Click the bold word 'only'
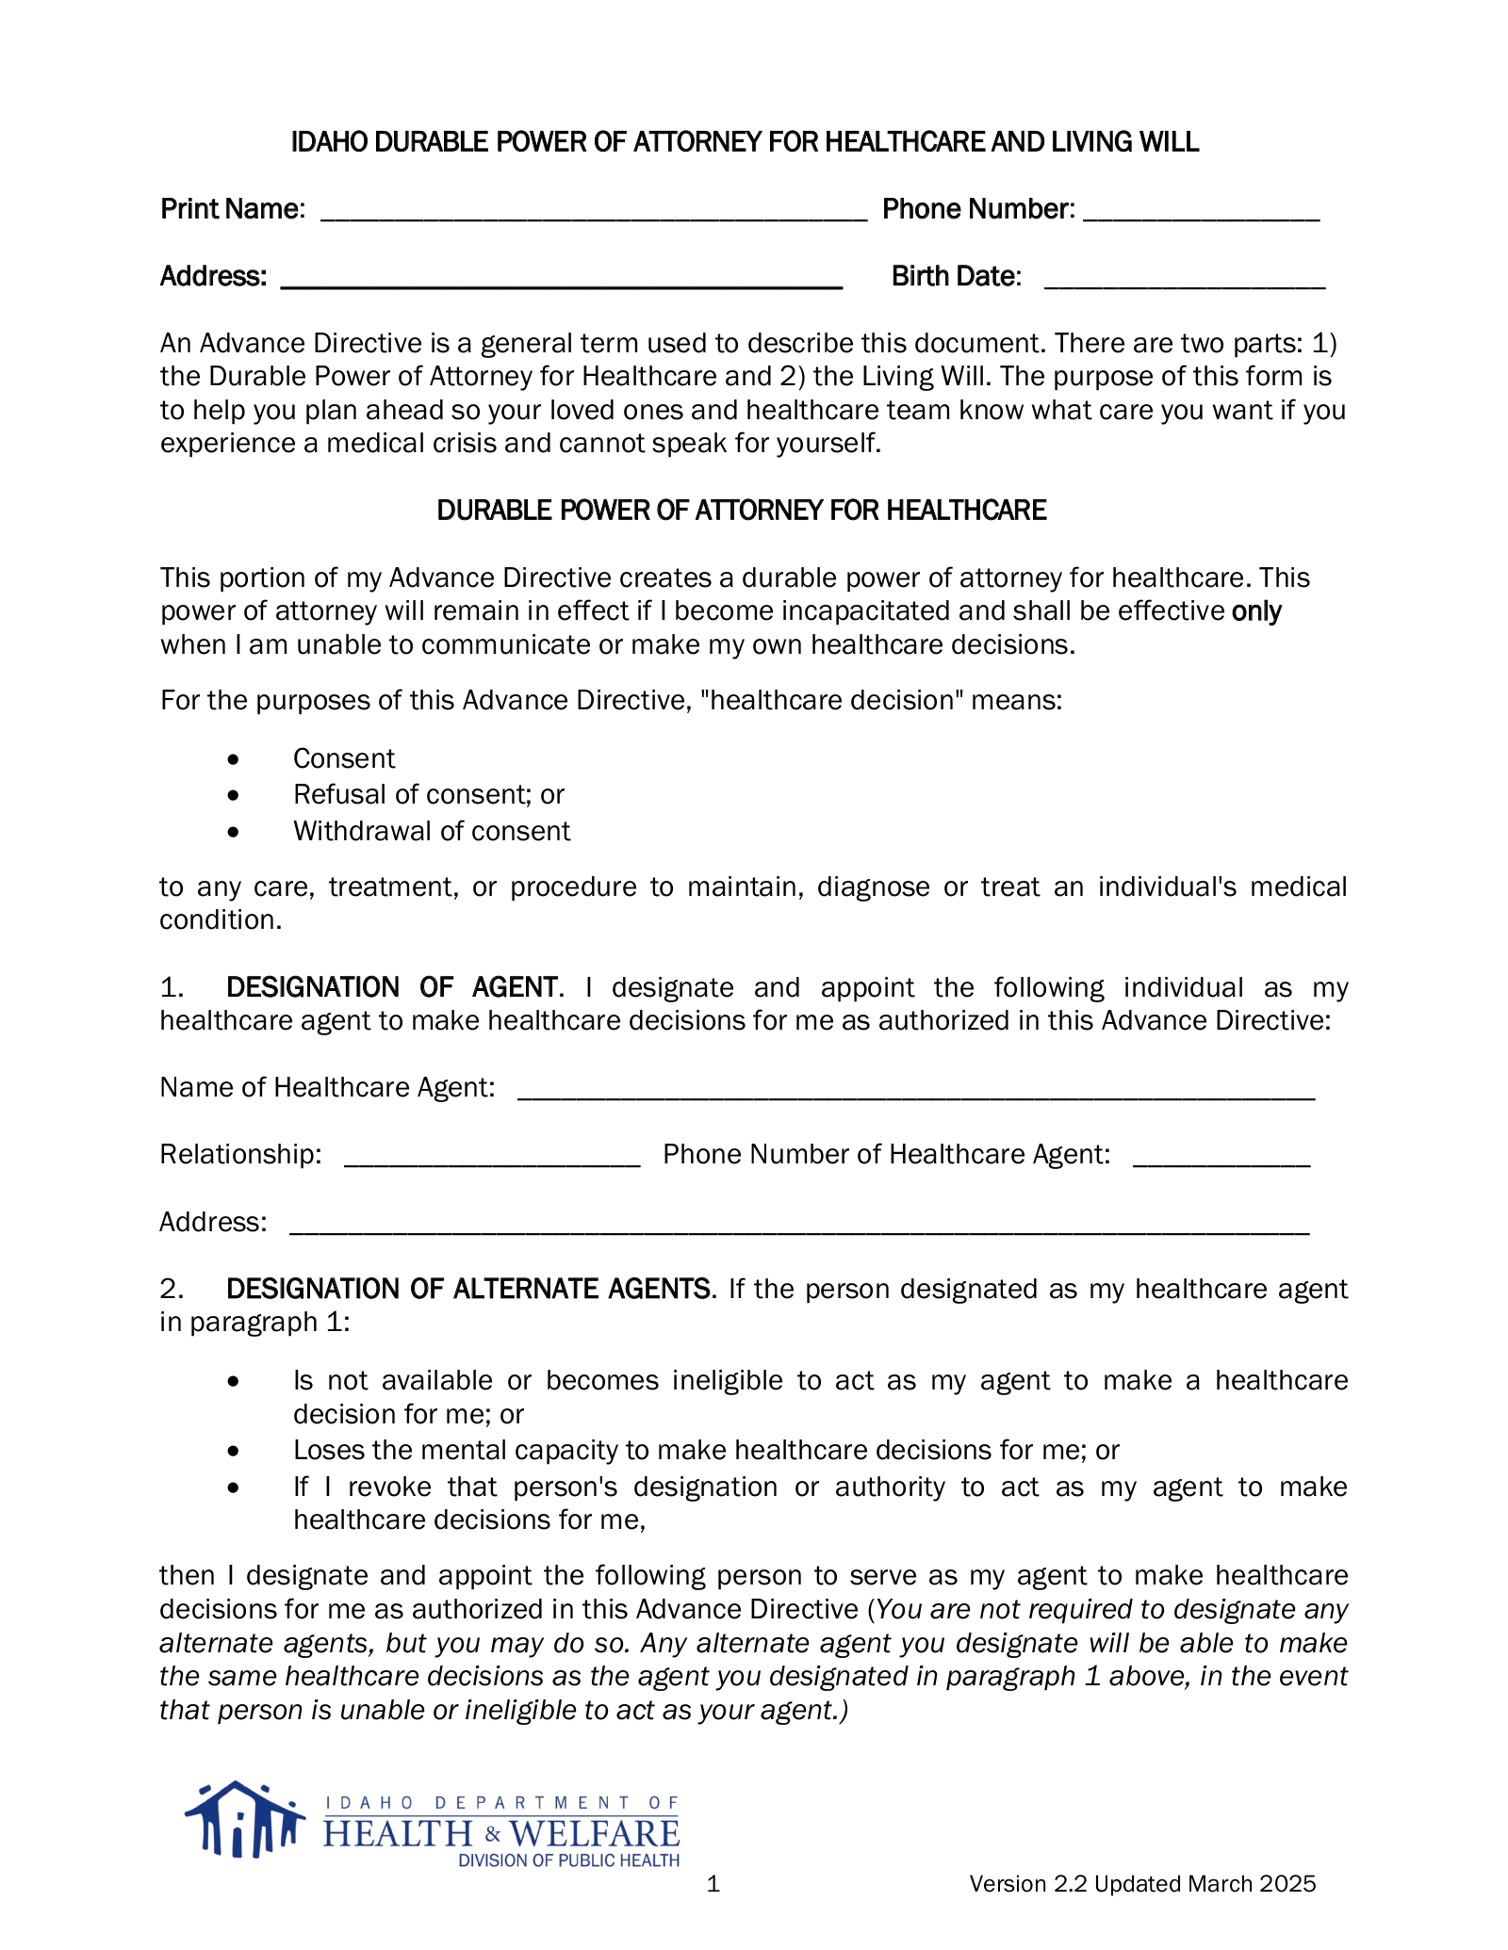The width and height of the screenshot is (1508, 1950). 1256,611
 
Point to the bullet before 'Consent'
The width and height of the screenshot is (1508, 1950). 234,759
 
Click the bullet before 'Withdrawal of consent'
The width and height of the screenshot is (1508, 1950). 234,832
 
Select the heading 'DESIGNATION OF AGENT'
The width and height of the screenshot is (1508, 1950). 392,987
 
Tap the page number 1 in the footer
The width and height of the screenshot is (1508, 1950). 713,1883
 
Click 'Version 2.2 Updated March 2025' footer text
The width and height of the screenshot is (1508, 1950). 1142,1883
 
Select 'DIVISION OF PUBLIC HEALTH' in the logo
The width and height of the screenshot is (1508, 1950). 568,1861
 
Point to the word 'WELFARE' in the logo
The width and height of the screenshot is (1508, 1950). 595,1833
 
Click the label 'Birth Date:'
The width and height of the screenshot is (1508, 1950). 956,276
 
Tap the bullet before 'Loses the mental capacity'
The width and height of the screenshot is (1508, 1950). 234,1451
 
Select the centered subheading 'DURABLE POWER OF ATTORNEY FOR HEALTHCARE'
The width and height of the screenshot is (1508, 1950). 742,511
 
